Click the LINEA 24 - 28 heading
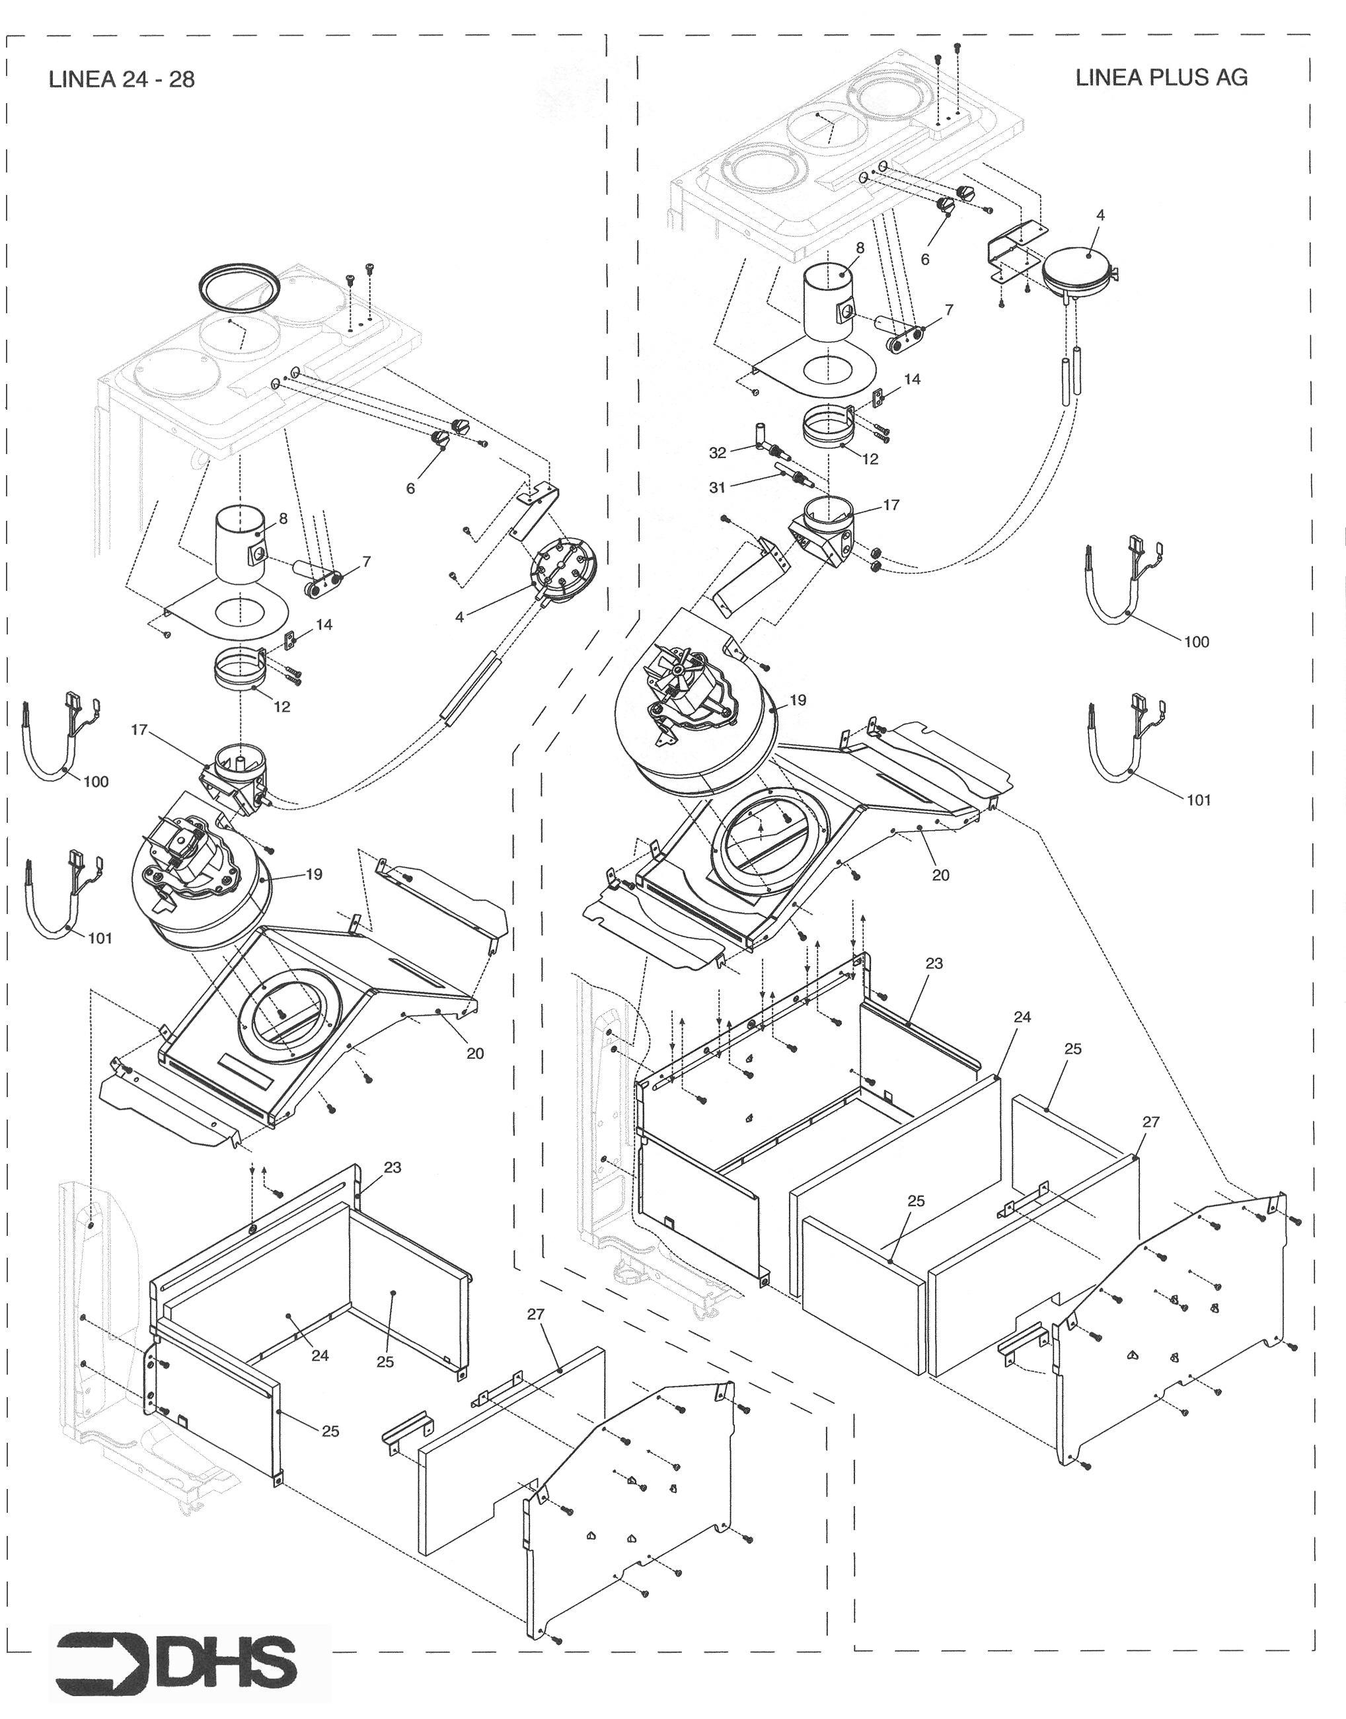pos(122,79)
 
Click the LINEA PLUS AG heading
pos(1161,77)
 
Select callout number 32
pos(717,453)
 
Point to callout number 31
pos(716,488)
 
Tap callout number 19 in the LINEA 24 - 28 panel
pos(314,874)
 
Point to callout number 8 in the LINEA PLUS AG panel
pos(860,247)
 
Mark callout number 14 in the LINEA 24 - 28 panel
pos(324,625)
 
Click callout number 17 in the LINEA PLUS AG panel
pos(891,505)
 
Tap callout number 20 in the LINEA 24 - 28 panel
pos(475,1053)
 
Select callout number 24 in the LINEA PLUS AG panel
pos(1022,1018)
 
